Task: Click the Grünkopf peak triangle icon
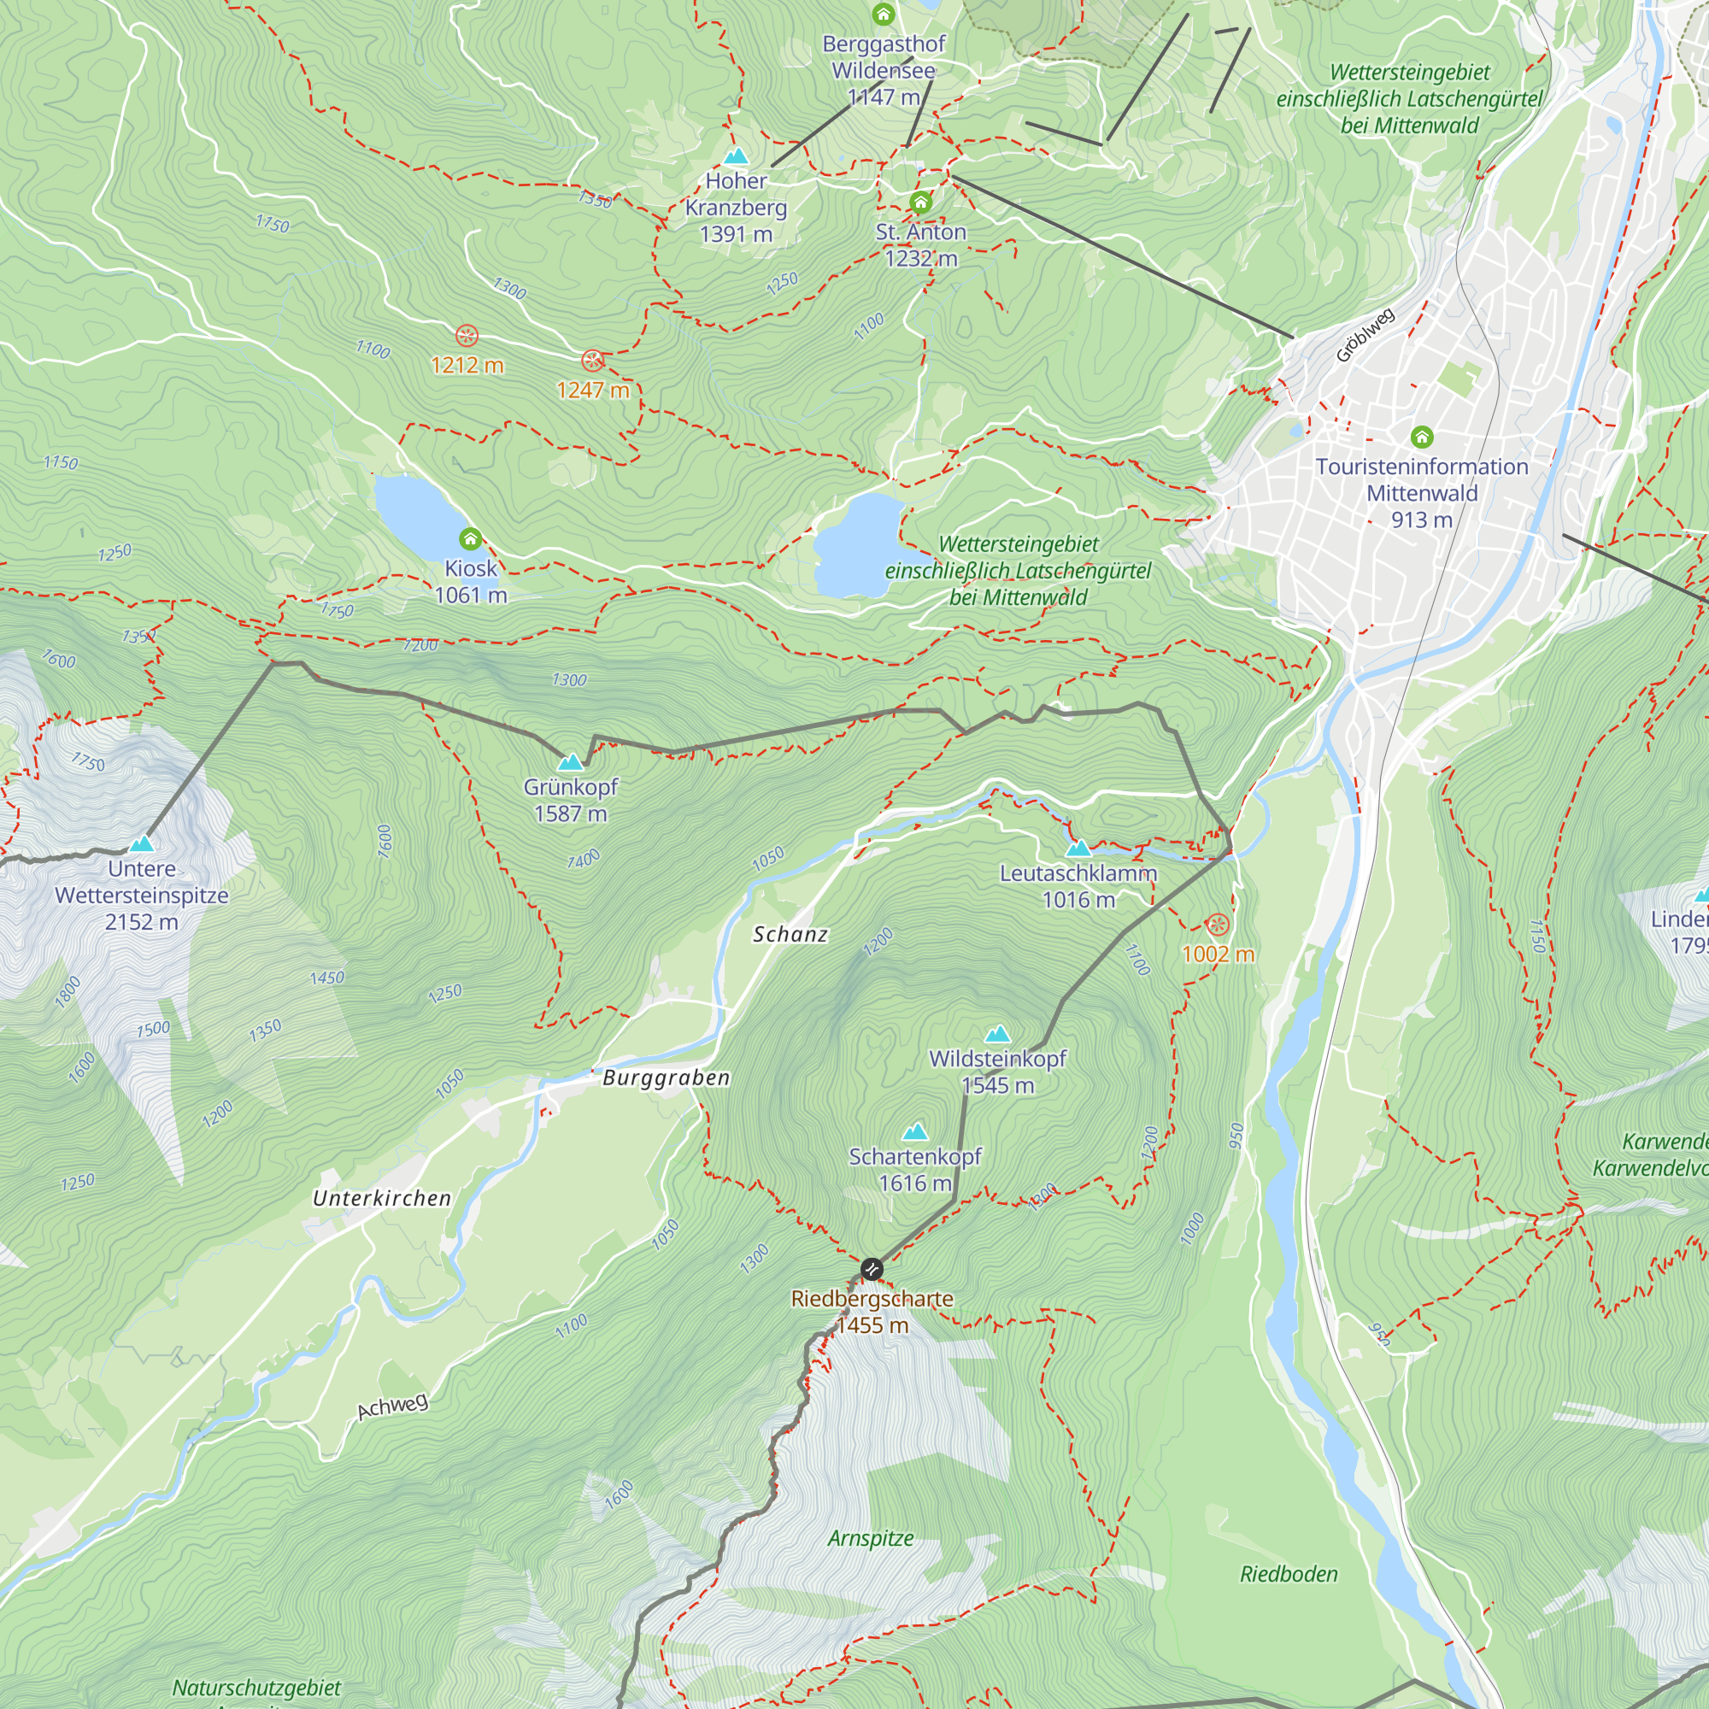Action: coord(571,761)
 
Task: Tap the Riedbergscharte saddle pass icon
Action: coord(872,1270)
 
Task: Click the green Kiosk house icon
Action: coord(471,537)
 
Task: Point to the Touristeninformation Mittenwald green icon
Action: coord(1422,436)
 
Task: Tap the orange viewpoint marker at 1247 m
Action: coord(592,360)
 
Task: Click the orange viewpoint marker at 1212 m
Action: coord(467,336)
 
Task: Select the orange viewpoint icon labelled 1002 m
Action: coord(1217,925)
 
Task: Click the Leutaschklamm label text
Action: coord(1078,873)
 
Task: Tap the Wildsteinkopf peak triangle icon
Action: coord(997,1034)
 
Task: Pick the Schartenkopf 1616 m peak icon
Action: coord(914,1131)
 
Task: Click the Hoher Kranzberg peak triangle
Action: coord(736,156)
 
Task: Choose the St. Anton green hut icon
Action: coord(921,203)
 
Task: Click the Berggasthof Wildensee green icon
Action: coord(883,15)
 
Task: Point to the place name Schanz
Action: coord(790,934)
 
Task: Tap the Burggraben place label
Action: coord(667,1078)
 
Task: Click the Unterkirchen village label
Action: coord(382,1198)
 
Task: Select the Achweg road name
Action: coord(393,1405)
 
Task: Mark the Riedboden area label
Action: coord(1288,1574)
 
